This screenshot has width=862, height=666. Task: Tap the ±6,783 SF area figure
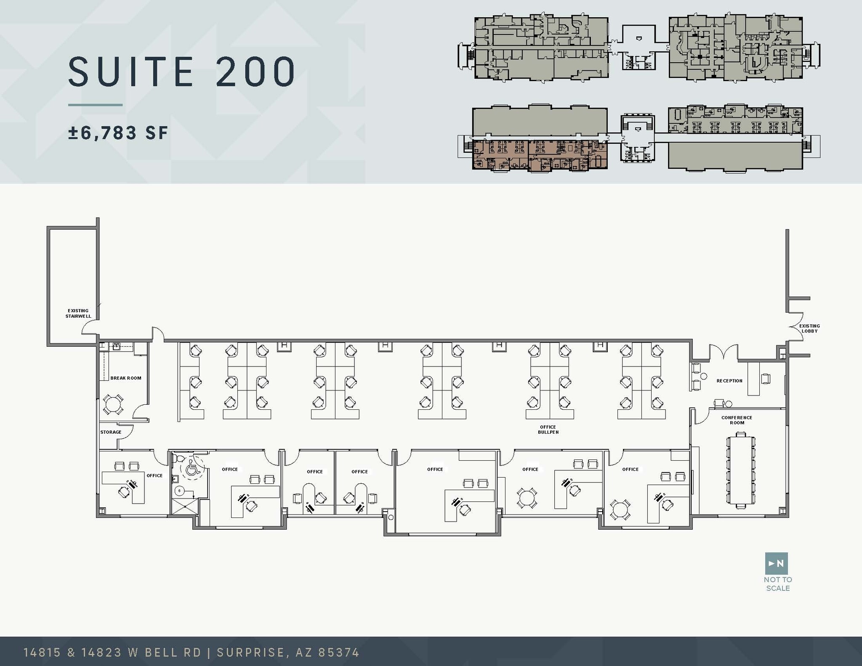[x=118, y=133]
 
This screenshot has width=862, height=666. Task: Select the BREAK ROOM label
[x=126, y=378]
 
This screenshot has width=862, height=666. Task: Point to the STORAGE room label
[x=111, y=432]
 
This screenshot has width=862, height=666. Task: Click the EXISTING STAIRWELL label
[x=78, y=313]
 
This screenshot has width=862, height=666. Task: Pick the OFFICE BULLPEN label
[x=548, y=430]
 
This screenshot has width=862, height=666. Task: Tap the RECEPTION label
[x=729, y=381]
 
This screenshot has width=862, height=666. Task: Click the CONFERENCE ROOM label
[x=737, y=420]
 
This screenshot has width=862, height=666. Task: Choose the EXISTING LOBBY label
[x=809, y=329]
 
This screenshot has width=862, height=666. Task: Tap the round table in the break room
[x=112, y=404]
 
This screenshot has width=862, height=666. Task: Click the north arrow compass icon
[x=776, y=563]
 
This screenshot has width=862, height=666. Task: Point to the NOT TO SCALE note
[x=778, y=584]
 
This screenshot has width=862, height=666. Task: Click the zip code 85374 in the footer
[x=338, y=653]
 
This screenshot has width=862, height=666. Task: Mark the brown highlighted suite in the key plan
[x=540, y=155]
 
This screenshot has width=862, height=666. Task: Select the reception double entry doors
[x=724, y=353]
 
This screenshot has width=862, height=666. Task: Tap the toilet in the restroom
[x=178, y=458]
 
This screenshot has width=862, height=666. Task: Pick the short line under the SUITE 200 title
[x=96, y=105]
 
